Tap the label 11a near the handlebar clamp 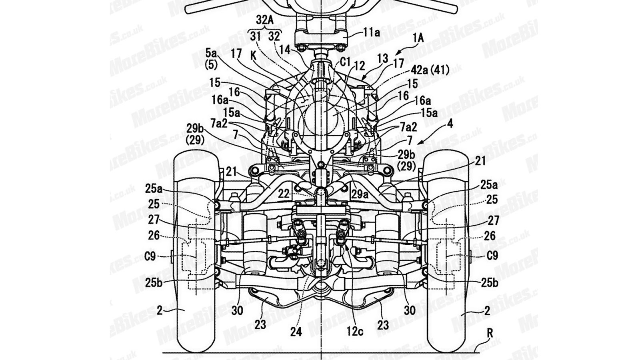372,32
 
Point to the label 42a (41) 430,70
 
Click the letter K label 254,56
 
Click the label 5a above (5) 211,53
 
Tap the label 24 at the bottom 296,332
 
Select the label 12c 355,332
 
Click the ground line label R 490,333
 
